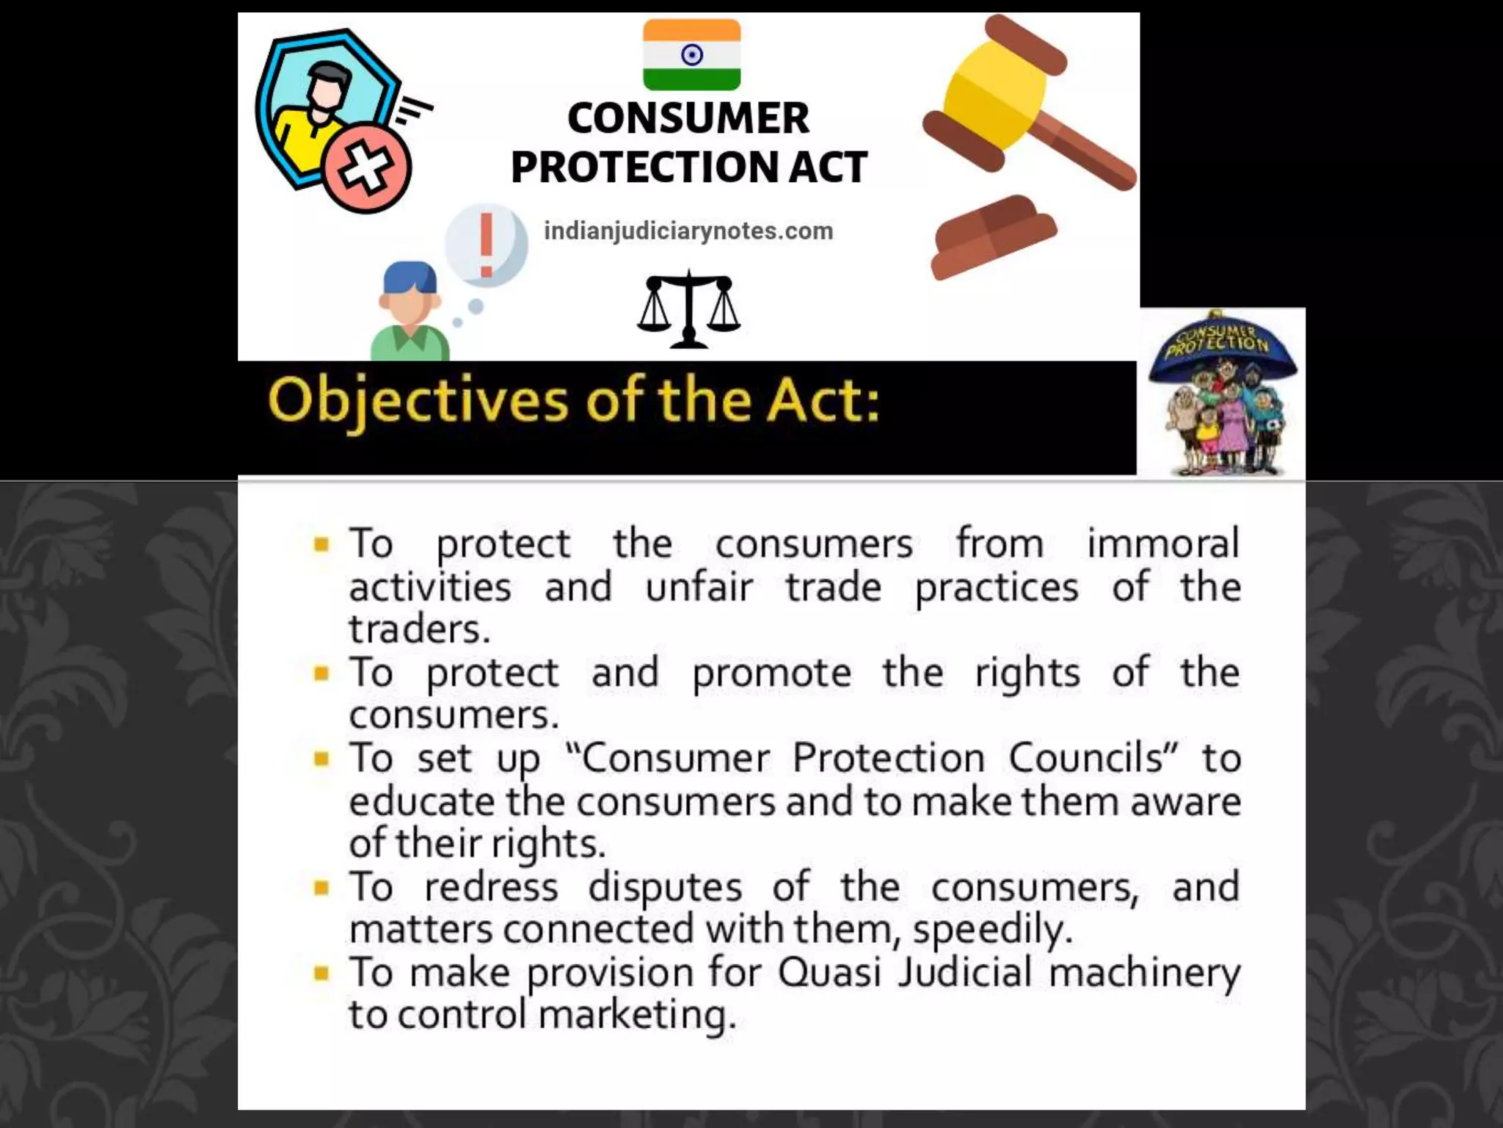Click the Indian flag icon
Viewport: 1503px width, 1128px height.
(691, 54)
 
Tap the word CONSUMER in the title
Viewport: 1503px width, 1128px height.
(688, 119)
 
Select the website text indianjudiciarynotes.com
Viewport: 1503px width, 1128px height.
(688, 231)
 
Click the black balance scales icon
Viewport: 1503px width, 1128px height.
(688, 308)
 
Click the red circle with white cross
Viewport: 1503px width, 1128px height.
(367, 169)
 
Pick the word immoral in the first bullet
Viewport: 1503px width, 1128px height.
(1163, 543)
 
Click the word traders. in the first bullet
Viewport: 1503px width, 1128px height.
(419, 629)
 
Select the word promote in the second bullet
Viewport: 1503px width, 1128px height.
(772, 673)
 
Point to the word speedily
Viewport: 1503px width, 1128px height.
(992, 930)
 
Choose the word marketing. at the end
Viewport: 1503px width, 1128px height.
(637, 1016)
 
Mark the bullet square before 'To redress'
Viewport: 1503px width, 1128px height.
(321, 888)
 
